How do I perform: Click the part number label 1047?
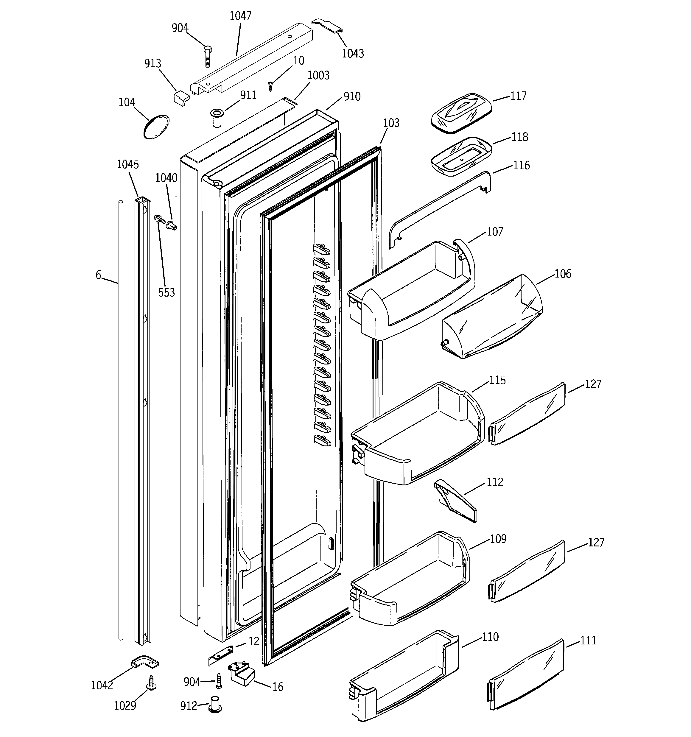coord(240,16)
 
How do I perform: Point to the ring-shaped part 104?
coord(156,127)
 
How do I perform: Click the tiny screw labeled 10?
coord(270,87)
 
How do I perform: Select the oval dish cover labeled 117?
coord(462,113)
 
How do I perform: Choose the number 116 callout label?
coord(522,165)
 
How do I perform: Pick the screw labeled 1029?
coord(151,682)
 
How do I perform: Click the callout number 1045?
coord(128,164)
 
